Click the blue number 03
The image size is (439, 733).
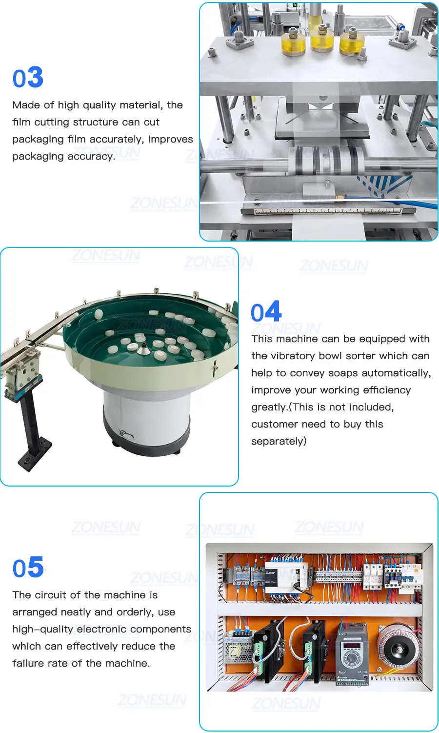click(x=28, y=77)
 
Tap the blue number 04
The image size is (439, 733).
click(x=266, y=311)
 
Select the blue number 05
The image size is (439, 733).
click(x=28, y=567)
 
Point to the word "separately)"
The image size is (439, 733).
click(x=279, y=441)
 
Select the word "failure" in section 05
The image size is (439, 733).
click(x=28, y=663)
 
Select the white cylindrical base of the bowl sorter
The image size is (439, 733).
click(x=146, y=419)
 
